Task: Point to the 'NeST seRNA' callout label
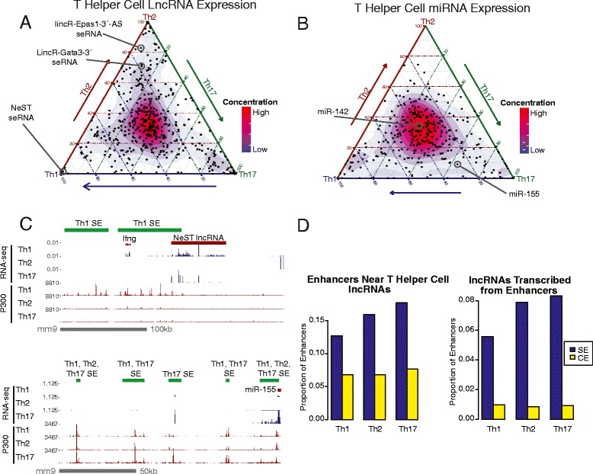(22, 133)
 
